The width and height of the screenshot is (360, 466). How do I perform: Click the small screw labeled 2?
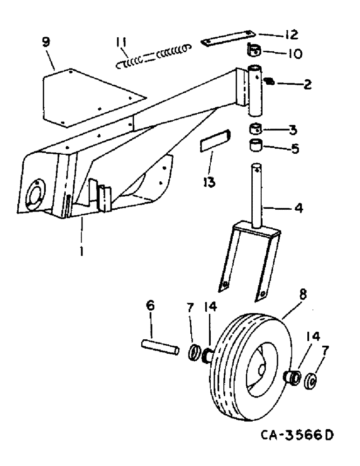[269, 82]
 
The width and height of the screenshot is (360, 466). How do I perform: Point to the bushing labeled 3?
[256, 128]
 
